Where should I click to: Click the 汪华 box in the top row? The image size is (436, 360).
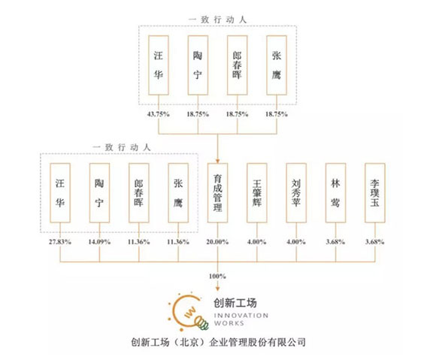pos(159,65)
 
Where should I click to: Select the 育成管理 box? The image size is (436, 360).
pos(217,193)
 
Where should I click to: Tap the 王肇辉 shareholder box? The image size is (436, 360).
pos(257,193)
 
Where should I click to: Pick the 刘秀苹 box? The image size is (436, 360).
pos(296,193)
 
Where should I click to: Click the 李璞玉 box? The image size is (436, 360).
pos(375,193)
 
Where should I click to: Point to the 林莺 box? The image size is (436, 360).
pos(335,193)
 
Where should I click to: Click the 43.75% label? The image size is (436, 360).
pos(159,114)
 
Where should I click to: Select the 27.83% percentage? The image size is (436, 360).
pos(60,241)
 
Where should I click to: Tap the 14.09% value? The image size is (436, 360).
pos(99,241)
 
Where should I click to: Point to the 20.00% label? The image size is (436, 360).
pos(217,241)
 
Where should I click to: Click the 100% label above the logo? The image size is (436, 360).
pos(217,276)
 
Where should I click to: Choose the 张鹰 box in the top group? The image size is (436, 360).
pos(277,65)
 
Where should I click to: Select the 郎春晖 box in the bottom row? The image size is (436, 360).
pos(139,193)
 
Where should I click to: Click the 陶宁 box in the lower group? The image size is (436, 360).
pos(99,193)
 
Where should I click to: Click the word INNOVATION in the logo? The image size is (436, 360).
pos(241,316)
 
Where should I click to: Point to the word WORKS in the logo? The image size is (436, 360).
pos(229,323)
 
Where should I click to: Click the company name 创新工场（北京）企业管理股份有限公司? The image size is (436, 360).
pos(218,342)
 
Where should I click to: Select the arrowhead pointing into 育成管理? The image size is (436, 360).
pos(218,162)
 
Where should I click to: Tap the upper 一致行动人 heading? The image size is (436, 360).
pos(217,20)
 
